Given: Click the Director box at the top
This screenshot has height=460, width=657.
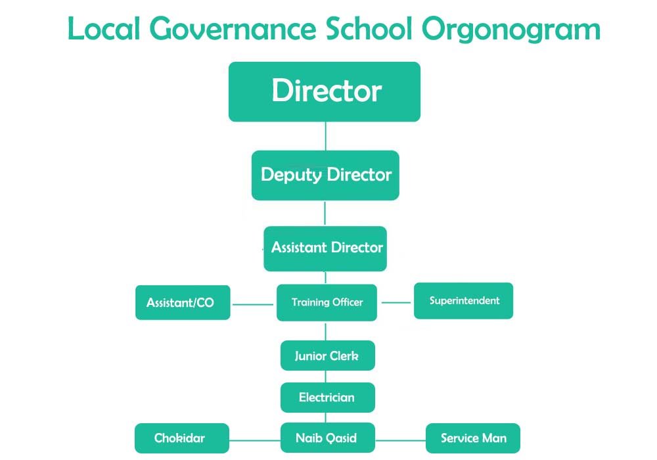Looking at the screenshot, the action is click(325, 92).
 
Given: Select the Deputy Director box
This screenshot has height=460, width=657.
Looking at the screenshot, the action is click(325, 175).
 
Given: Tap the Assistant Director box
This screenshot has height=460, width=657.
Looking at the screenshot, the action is click(325, 249).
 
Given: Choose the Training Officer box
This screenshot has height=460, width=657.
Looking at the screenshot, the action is click(327, 302).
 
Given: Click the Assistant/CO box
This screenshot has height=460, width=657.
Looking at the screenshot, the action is click(183, 302).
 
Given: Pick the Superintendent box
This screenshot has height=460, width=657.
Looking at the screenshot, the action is click(463, 301).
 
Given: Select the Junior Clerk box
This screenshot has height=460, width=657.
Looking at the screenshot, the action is click(328, 356).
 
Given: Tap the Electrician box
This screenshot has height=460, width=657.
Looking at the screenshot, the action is click(328, 397).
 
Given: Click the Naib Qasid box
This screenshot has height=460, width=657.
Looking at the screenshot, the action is click(328, 438).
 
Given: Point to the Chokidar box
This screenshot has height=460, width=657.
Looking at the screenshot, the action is click(182, 438).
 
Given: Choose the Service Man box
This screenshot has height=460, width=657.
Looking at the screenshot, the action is click(473, 438).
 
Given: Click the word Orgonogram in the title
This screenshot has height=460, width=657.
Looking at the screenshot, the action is click(511, 30).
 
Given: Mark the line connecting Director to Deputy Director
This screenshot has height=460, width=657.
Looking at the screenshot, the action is click(326, 136).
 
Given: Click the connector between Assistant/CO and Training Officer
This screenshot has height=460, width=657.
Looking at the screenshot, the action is click(253, 304).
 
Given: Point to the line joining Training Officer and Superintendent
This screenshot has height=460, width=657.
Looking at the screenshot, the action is click(396, 302).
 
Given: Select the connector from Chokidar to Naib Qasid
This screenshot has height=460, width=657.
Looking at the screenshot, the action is click(255, 440).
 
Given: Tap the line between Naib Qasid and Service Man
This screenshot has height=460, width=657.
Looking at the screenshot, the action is click(401, 440).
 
